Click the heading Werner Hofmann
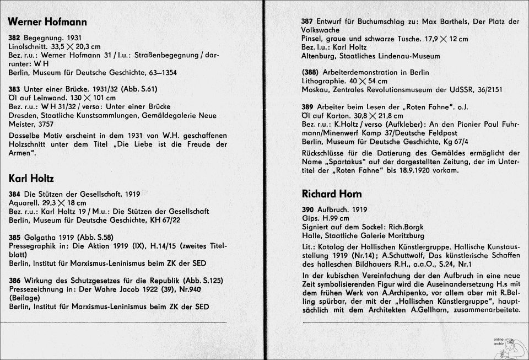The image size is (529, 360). pyautogui.click(x=47, y=22)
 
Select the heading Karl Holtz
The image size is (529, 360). pyautogui.click(x=31, y=178)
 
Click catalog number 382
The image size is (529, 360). pyautogui.click(x=15, y=38)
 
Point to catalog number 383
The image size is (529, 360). pyautogui.click(x=15, y=89)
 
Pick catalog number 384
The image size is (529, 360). pyautogui.click(x=15, y=195)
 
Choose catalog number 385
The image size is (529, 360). pyautogui.click(x=15, y=237)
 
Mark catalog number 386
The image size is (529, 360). pyautogui.click(x=15, y=280)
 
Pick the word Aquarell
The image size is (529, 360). pyautogui.click(x=23, y=203)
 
